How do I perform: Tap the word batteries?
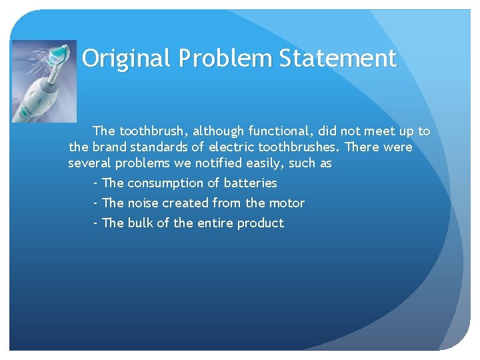(250, 183)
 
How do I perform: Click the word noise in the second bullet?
(143, 203)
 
